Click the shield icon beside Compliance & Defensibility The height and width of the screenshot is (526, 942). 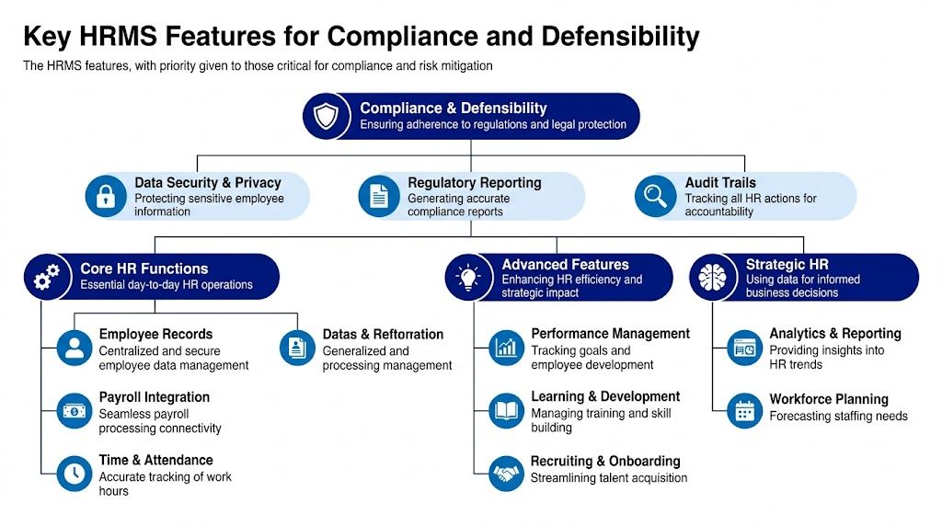tap(327, 116)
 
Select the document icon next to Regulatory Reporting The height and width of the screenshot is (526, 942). tap(378, 196)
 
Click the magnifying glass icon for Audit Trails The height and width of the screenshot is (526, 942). tap(656, 196)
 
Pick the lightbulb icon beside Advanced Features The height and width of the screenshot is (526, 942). tap(468, 277)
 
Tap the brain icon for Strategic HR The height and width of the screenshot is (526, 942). tap(713, 277)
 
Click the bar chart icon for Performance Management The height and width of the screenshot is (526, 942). tap(505, 348)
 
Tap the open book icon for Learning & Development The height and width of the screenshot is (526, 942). tap(505, 410)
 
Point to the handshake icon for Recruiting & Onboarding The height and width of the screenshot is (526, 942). tap(505, 473)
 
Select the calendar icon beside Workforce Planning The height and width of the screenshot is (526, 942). tap(744, 410)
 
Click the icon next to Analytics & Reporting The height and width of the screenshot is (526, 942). tap(744, 348)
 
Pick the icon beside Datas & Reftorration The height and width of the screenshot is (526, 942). tap(297, 348)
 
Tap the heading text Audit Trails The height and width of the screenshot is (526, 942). tap(719, 183)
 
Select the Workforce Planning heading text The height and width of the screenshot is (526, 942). tap(828, 399)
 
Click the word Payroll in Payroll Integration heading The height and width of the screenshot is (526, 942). tap(121, 397)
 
